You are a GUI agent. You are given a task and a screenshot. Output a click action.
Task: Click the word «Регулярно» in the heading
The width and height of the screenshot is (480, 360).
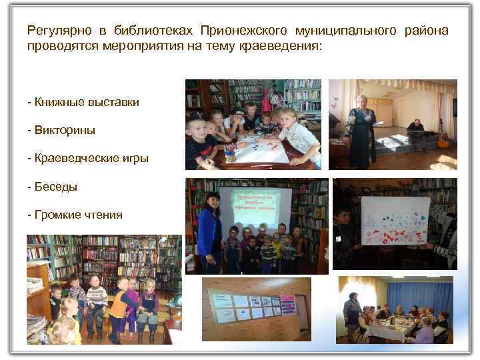tap(53, 31)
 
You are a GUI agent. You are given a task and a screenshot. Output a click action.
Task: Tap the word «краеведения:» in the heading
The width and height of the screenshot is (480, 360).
tap(283, 47)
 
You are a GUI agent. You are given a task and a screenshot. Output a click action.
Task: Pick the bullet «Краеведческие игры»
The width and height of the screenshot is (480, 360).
tap(87, 159)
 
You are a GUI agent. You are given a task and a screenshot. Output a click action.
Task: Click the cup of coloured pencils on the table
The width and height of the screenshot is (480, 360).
tap(230, 153)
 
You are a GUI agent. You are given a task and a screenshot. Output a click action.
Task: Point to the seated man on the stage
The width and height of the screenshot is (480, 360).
tap(415, 133)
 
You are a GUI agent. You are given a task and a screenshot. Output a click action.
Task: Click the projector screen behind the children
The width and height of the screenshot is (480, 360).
tap(256, 207)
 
